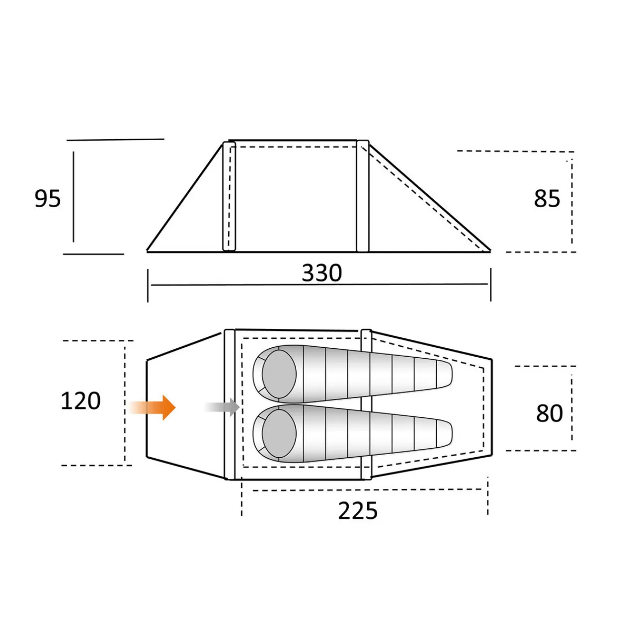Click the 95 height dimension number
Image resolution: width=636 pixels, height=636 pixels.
tap(48, 199)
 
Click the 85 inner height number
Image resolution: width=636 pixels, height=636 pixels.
tap(547, 199)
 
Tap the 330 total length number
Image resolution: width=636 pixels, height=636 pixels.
tap(322, 273)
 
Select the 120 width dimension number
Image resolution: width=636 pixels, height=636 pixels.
tap(80, 401)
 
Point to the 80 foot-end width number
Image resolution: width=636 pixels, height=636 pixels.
tap(549, 413)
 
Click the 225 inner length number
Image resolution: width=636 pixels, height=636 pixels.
tap(358, 511)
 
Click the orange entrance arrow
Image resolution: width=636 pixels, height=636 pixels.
tap(154, 407)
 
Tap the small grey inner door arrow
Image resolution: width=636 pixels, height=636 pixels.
tap(224, 407)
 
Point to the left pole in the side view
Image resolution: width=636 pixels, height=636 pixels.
tap(229, 196)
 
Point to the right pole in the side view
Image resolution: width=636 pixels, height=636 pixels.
tap(363, 196)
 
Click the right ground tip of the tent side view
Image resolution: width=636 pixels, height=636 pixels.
tap(489, 251)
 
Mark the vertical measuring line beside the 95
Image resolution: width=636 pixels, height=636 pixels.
tap(74, 197)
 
